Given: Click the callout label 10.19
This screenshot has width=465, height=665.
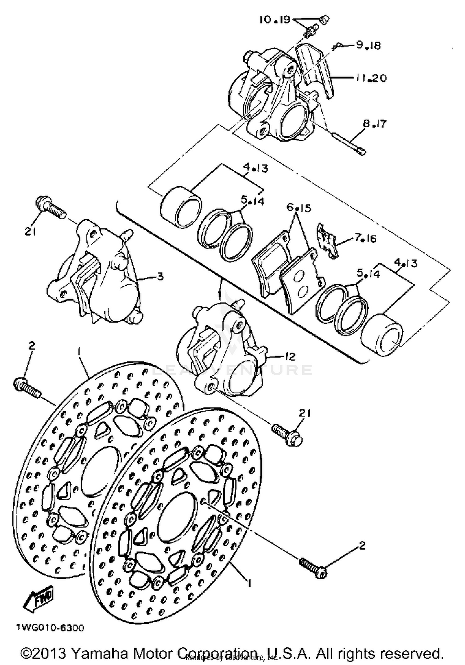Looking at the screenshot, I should pyautogui.click(x=275, y=20).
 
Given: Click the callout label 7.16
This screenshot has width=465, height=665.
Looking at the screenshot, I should pyautogui.click(x=365, y=238).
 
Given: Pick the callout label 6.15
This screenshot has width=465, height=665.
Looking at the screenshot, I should pyautogui.click(x=299, y=207).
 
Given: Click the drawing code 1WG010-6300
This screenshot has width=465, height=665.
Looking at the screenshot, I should pyautogui.click(x=50, y=628).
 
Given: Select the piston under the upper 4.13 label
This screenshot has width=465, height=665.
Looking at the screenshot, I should pyautogui.click(x=180, y=205).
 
